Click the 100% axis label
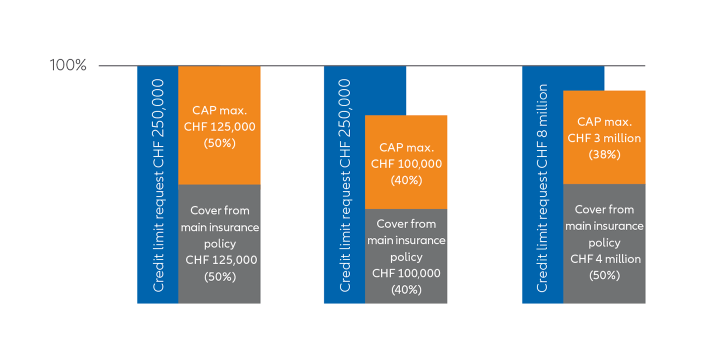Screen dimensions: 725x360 [x=68, y=64]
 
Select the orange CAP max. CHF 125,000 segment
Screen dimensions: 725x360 [x=219, y=125]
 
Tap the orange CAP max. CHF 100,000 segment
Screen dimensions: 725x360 [x=406, y=162]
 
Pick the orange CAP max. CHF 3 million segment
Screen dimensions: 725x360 [x=604, y=137]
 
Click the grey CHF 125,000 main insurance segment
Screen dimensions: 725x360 [x=219, y=244]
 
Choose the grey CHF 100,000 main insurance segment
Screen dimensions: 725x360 [x=406, y=256]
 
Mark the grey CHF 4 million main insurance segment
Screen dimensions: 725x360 [x=604, y=244]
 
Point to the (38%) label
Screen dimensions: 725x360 [x=604, y=154]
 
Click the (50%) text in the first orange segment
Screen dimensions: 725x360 [x=219, y=143]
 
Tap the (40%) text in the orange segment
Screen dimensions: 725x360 [x=406, y=180]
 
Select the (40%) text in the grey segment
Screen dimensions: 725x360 [x=406, y=289]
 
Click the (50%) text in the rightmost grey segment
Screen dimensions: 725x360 [x=604, y=275]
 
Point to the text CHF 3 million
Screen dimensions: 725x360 [x=604, y=138]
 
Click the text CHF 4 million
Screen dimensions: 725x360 [x=605, y=259]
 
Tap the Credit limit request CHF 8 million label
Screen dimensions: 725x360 [x=542, y=188]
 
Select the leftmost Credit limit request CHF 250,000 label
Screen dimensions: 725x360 [x=158, y=185]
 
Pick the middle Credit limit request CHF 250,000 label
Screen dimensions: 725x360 [x=345, y=185]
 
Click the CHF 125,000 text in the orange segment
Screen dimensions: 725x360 [x=219, y=126]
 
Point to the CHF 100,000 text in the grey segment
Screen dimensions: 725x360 [x=406, y=273]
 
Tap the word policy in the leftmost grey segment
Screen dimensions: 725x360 [x=220, y=244]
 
